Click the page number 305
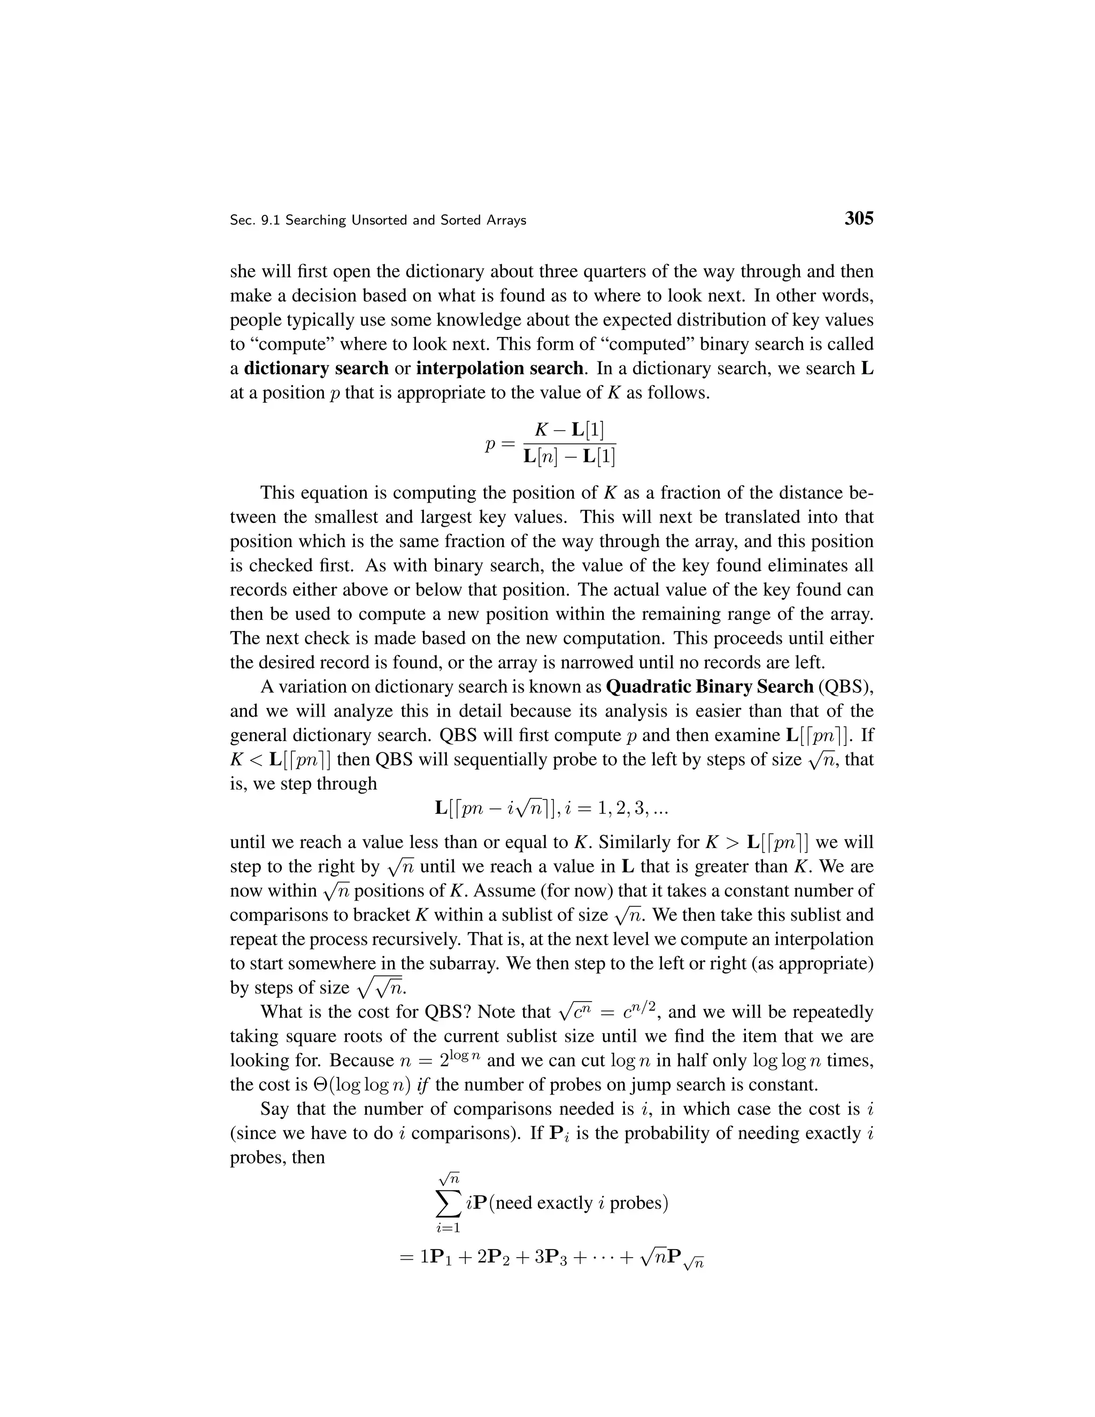859,219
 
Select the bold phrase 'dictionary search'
316,368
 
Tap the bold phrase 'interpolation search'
499,368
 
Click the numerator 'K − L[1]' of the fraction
569,429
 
